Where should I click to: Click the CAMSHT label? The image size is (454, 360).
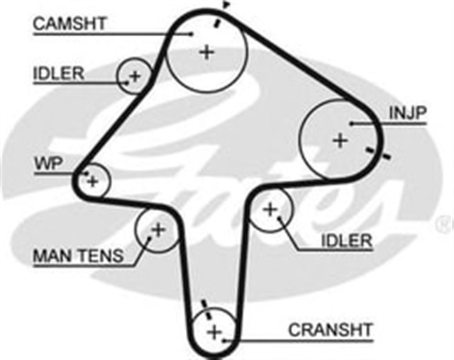coord(70,23)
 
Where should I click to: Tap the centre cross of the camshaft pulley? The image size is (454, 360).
coord(206,52)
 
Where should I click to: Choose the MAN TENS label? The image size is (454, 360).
coord(78,257)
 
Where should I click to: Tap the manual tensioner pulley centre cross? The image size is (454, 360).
coord(157,230)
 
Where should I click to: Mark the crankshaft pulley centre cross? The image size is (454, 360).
coord(214,332)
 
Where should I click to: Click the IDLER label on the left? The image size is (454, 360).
coord(59,73)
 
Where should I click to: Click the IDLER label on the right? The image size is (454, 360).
coord(346,240)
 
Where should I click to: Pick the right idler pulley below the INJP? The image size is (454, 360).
coord(270,210)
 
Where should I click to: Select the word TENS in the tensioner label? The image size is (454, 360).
coord(99,257)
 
